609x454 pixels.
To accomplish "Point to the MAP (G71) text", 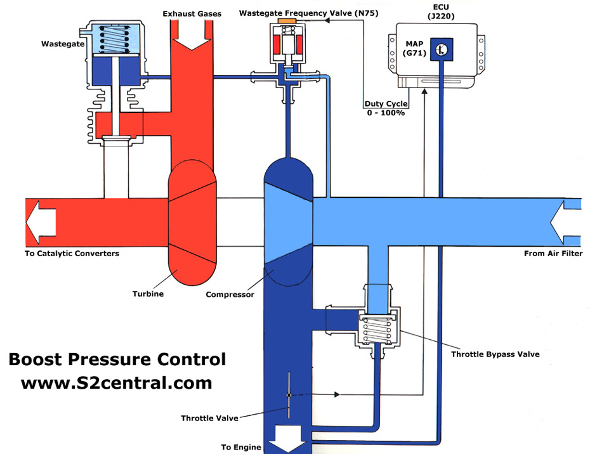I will (x=415, y=49).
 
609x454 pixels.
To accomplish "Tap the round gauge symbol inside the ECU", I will (x=442, y=49).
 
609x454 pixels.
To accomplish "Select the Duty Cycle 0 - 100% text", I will (x=385, y=108).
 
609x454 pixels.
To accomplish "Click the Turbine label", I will (x=149, y=294).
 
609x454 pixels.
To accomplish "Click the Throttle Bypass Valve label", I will (x=495, y=354).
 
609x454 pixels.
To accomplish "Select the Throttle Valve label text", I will (x=209, y=418).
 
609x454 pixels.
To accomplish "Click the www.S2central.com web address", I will (x=116, y=383).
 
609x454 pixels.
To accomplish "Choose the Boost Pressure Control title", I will (x=117, y=360).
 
